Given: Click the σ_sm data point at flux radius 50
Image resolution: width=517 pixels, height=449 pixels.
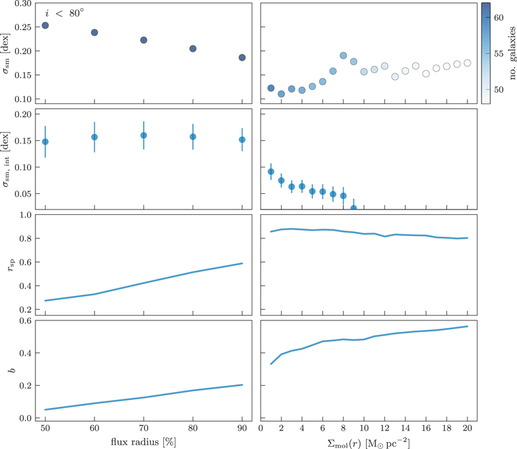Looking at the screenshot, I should click(x=45, y=26).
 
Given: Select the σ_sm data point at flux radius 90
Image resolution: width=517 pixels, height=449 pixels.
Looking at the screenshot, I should click(x=242, y=58).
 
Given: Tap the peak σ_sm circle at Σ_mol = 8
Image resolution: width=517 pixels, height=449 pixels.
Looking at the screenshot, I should click(x=344, y=56).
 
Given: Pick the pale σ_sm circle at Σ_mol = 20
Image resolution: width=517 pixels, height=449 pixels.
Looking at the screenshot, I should click(x=467, y=63).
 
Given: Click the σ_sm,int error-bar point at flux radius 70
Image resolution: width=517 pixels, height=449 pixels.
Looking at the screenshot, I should click(x=144, y=135).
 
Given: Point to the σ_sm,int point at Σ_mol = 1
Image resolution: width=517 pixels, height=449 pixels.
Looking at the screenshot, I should click(x=271, y=172).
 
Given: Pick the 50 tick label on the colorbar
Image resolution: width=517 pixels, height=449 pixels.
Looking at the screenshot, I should click(x=499, y=89).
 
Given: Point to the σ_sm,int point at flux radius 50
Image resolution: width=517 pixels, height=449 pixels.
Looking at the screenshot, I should click(x=45, y=142).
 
